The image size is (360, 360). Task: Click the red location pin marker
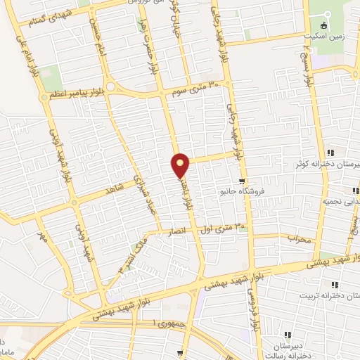[x=181, y=165]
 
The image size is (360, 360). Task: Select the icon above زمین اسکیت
[x=324, y=25]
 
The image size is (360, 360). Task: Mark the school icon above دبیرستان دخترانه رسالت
[x=287, y=335]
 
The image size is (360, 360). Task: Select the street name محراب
[x=298, y=239]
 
